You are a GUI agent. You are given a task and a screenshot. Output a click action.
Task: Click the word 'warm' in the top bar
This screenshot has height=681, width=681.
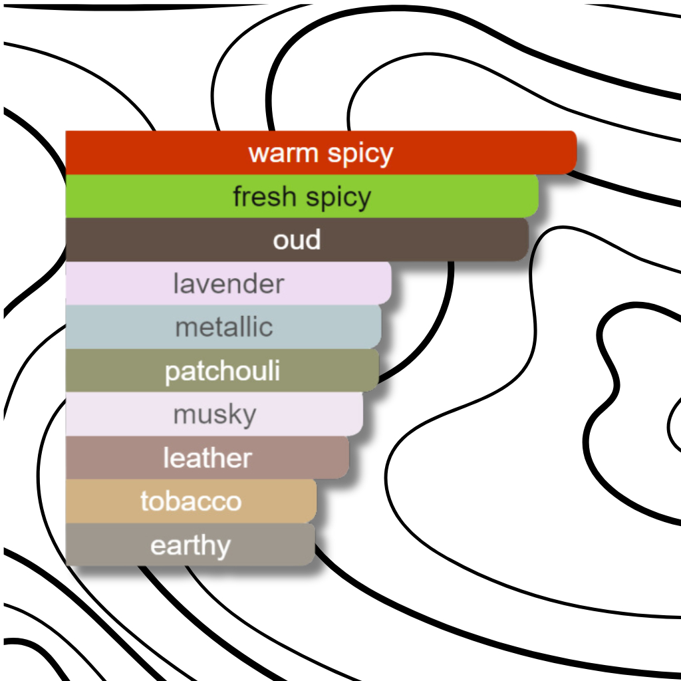283,154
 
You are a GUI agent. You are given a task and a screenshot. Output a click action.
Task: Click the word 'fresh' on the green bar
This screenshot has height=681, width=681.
263,197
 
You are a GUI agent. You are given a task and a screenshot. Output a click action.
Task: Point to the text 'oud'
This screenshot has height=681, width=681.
297,240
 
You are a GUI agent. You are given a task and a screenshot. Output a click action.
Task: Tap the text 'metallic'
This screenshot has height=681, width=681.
224,327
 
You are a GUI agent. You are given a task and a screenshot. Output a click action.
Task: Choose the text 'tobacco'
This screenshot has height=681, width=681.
191,501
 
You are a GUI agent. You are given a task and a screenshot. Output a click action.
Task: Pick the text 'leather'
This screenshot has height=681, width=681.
207,458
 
